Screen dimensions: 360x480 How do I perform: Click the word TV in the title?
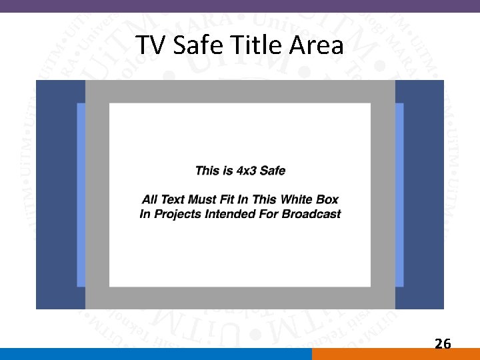pos(150,45)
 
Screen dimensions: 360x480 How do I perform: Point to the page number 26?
pos(443,344)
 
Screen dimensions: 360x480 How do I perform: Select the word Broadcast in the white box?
pos(311,214)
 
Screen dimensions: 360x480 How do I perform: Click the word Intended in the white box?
pos(227,214)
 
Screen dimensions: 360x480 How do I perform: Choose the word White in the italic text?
pos(299,199)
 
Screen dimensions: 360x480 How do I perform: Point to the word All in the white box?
pos(150,199)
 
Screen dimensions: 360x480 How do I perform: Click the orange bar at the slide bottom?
pos(395,354)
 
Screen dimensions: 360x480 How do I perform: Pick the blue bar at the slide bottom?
pos(155,354)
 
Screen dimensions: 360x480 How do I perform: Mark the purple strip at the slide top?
pos(240,5)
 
